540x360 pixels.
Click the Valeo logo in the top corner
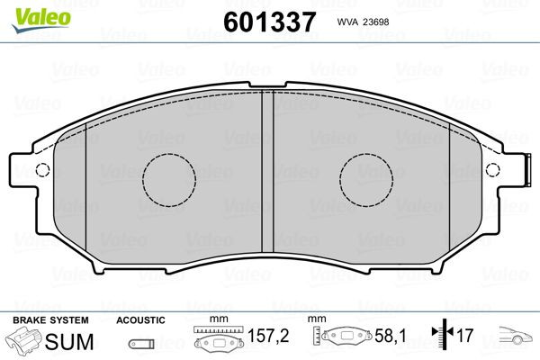click(41, 20)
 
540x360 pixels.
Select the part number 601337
click(269, 22)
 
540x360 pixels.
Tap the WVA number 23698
click(374, 22)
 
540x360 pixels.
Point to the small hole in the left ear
click(42, 169)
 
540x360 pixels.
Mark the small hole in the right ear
click(493, 169)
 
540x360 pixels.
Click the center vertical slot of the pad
click(267, 171)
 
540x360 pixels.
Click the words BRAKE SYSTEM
click(50, 320)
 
